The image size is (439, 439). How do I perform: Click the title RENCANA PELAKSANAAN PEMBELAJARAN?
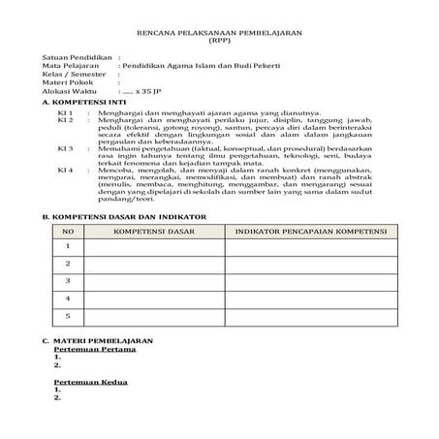pyautogui.click(x=219, y=33)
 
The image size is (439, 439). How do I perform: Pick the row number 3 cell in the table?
pyautogui.click(x=68, y=281)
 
